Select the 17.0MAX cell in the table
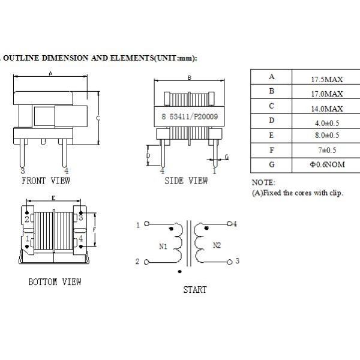(326, 94)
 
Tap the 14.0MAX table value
(326, 109)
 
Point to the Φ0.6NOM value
(327, 164)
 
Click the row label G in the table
(271, 164)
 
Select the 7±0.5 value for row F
(327, 150)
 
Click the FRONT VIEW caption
(46, 181)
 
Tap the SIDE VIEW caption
(186, 181)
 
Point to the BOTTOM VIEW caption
(55, 281)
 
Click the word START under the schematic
(194, 290)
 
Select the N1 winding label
(163, 246)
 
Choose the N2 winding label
(217, 246)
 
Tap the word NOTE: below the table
(263, 182)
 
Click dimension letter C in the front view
(97, 118)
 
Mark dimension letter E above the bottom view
(53, 197)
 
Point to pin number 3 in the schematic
(238, 261)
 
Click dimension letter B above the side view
(189, 77)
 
